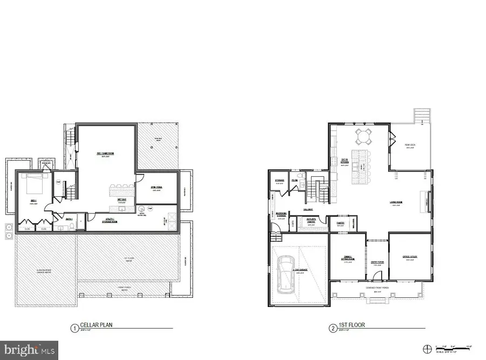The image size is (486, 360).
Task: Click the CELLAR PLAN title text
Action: tap(96, 325)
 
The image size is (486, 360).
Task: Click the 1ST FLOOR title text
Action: tap(349, 326)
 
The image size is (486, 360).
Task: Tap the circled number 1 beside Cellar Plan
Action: tap(74, 327)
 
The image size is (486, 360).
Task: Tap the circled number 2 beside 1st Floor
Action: tap(333, 327)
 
